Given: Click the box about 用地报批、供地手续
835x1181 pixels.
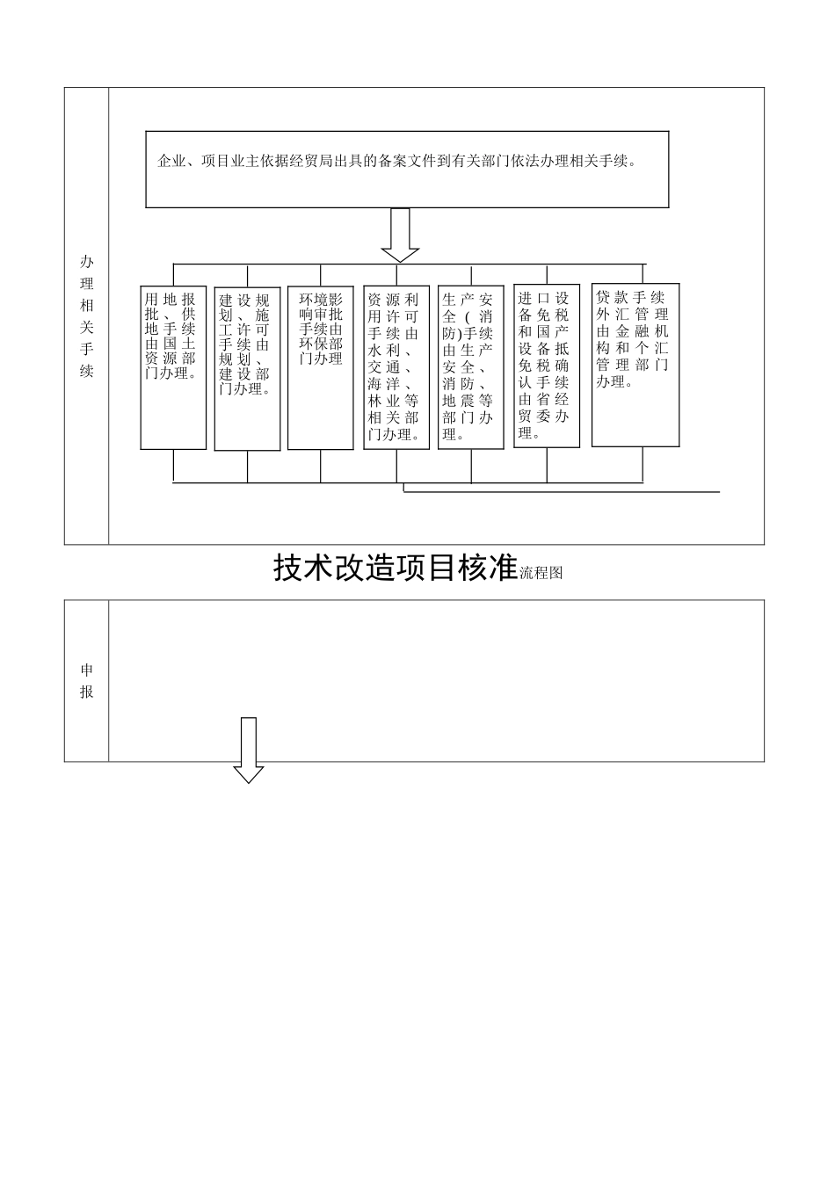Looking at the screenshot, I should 173,367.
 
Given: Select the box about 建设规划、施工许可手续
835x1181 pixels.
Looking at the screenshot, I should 247,369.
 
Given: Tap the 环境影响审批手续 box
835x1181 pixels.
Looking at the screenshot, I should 321,367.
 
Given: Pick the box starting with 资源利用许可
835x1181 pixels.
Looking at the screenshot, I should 396,367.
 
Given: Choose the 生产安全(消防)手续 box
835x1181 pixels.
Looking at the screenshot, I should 471,367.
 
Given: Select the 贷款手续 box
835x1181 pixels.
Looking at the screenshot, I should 635,365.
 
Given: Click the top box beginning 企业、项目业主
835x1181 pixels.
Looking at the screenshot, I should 407,170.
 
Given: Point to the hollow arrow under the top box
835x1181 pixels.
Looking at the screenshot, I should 400,235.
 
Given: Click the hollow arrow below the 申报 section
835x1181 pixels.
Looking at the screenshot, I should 249,750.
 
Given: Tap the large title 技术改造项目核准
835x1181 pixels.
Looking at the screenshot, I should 395,569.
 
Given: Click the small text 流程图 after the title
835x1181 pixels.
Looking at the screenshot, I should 541,573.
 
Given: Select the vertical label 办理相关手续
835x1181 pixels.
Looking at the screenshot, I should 86,316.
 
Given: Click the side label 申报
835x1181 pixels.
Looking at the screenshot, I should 86,681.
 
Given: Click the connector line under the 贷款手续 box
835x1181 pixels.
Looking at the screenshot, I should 643,464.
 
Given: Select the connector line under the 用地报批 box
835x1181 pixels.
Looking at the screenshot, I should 173,466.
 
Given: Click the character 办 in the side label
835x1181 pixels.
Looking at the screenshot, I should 86,262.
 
